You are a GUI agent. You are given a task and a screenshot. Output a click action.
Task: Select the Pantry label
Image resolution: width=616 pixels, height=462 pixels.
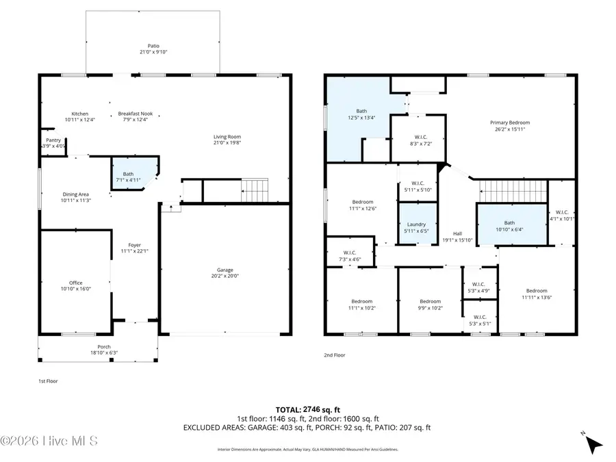(x=53, y=140)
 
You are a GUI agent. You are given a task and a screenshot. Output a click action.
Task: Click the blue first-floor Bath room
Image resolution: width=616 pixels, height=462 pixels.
(x=130, y=174)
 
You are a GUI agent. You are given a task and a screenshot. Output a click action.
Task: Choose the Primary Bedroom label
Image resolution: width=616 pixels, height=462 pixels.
(x=510, y=123)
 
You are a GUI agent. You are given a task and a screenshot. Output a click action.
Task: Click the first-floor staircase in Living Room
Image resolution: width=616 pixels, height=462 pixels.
(x=255, y=186)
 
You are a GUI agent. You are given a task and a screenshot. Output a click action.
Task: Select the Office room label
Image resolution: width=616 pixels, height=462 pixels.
(x=75, y=283)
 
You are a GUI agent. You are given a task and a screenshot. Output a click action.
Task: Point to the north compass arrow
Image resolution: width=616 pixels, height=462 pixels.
(x=593, y=444)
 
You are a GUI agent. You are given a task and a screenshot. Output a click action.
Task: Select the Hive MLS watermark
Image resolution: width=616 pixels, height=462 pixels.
(x=49, y=441)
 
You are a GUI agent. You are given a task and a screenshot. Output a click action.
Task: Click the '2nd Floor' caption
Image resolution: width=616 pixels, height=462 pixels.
(x=335, y=355)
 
